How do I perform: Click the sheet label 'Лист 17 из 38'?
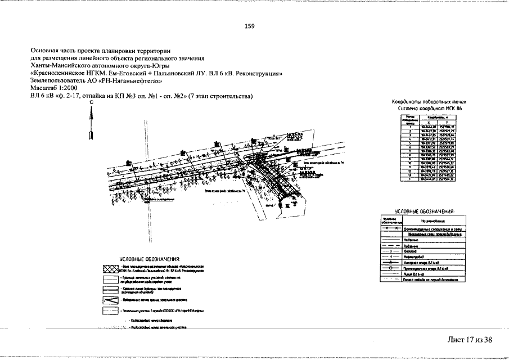[x=470, y=339]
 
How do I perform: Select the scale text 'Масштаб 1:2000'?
[x=55, y=88]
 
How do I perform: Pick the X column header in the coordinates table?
[x=429, y=122]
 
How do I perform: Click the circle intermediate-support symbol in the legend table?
[x=390, y=269]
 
